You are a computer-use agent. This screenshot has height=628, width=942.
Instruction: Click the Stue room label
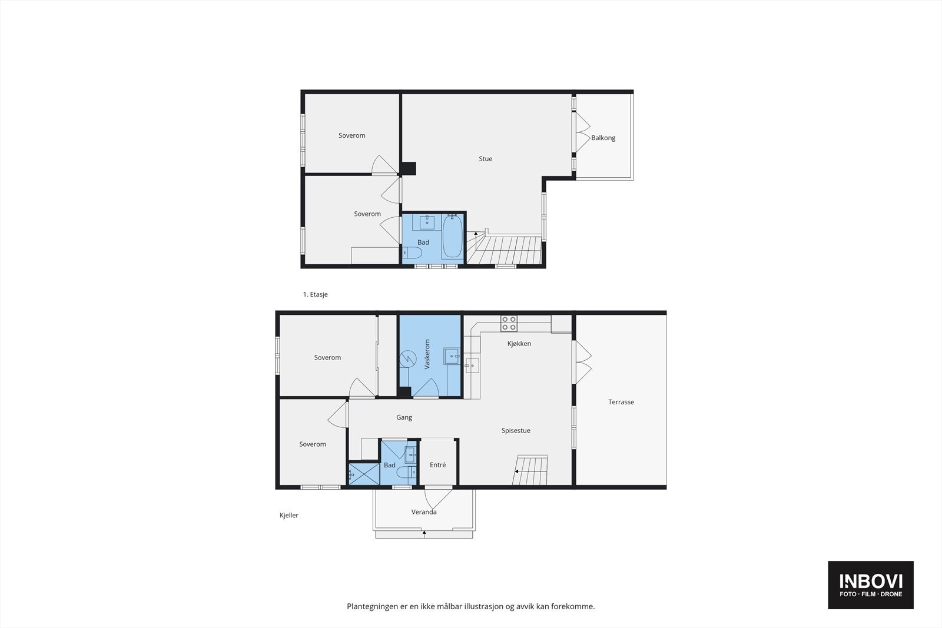point(485,159)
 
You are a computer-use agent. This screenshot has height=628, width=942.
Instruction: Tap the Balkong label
point(603,138)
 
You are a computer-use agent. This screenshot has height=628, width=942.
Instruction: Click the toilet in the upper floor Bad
point(412,254)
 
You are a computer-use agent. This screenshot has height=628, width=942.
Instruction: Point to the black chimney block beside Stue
point(408,168)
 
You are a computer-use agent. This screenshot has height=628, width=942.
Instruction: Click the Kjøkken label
point(519,344)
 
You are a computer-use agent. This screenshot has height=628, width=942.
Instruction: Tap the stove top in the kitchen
point(509,323)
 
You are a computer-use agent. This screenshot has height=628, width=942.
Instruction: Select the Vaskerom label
point(427,354)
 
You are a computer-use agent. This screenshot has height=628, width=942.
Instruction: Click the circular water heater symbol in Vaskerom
point(407,358)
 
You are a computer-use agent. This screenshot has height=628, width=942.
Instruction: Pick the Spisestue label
point(516,431)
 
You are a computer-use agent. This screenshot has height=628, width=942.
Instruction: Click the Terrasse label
point(621,403)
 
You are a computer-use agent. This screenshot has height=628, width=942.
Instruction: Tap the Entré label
point(437,465)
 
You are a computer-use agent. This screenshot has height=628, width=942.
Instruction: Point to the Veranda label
point(424,512)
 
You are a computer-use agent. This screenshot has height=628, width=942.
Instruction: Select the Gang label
point(404,417)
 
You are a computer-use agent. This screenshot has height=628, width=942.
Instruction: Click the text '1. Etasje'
point(315,294)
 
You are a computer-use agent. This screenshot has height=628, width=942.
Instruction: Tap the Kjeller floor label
point(289,516)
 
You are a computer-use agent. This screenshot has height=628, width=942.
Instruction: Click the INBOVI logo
point(871,584)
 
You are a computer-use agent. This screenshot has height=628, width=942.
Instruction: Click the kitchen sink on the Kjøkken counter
point(472,365)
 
